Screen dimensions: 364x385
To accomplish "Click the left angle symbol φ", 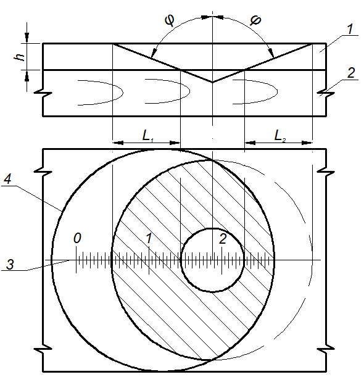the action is point(170,20).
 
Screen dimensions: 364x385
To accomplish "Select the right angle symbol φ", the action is point(255,20).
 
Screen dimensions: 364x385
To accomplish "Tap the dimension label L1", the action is point(148,136).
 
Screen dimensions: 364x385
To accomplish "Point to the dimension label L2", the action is point(280,136).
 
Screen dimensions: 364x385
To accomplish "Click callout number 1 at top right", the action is point(350,29).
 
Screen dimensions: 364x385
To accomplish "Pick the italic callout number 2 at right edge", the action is point(351,73).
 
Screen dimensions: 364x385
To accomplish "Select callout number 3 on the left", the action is point(10,265).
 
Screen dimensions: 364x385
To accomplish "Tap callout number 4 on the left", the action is point(7,180).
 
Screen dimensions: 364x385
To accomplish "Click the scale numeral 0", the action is point(77,238).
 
